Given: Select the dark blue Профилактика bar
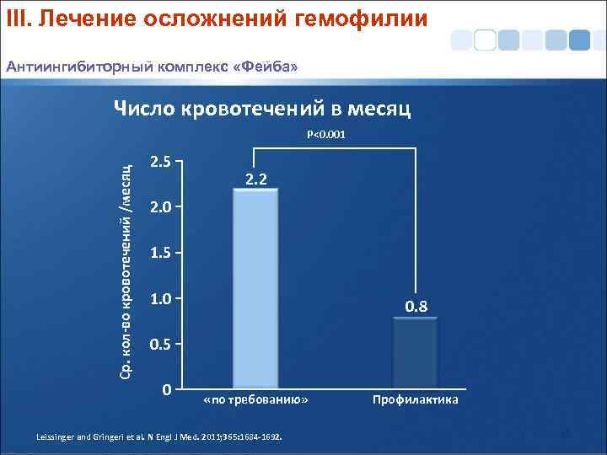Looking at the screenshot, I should (x=415, y=354).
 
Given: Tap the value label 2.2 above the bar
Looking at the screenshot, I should (x=256, y=178).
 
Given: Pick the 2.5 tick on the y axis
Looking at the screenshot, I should (x=160, y=162).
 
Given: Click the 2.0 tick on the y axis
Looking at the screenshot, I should (x=160, y=207).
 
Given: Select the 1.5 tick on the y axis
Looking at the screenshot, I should (x=160, y=253).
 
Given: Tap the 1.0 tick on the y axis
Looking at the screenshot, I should (x=160, y=299).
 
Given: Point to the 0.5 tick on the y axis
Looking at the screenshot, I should (x=160, y=345).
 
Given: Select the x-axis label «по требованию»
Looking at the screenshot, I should (x=256, y=399).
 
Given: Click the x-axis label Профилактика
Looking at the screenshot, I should (x=416, y=399).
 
